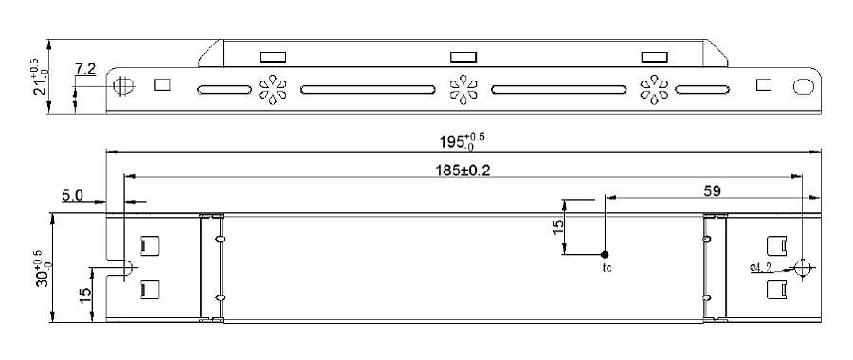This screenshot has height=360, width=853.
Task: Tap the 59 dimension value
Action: pyautogui.click(x=712, y=191)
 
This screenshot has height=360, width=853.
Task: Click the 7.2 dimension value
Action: pyautogui.click(x=85, y=69)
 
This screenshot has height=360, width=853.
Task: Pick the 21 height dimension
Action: pyautogui.click(x=36, y=76)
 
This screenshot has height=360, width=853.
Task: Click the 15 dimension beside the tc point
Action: pyautogui.click(x=558, y=227)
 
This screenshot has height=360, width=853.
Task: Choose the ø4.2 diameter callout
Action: pyautogui.click(x=761, y=267)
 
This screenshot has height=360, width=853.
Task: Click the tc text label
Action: pyautogui.click(x=608, y=269)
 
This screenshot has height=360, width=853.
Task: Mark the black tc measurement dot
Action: pyautogui.click(x=606, y=254)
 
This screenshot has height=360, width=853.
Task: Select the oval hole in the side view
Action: pyautogui.click(x=804, y=85)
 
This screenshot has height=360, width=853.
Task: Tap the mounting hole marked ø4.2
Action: pyautogui.click(x=803, y=267)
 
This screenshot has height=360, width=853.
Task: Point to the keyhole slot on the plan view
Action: pyautogui.click(x=120, y=267)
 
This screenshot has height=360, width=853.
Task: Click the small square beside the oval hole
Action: pyautogui.click(x=764, y=84)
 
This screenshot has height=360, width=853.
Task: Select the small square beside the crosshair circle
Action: pyautogui.click(x=162, y=84)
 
